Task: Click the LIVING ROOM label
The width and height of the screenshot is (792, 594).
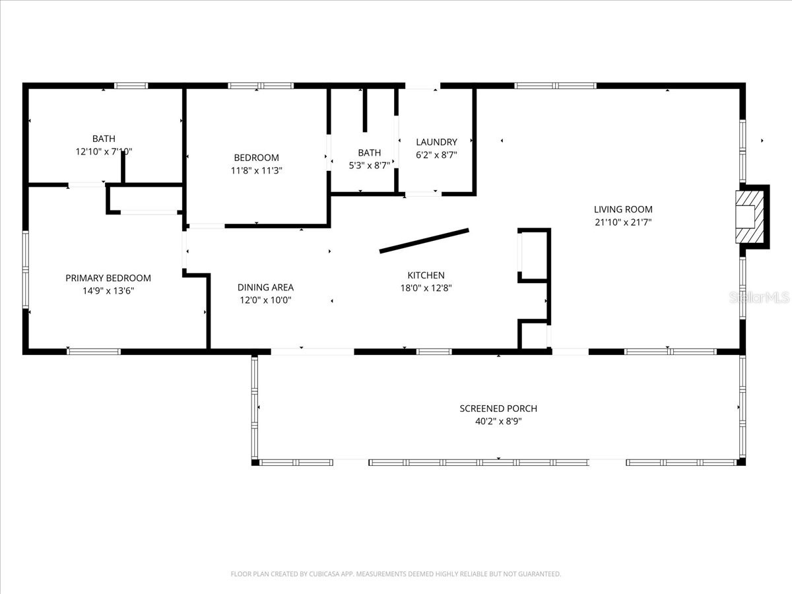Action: (x=623, y=209)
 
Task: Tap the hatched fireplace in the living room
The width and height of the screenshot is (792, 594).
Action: (x=750, y=216)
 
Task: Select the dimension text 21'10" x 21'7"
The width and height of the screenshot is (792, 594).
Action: (x=623, y=222)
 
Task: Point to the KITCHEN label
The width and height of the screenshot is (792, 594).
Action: (x=426, y=275)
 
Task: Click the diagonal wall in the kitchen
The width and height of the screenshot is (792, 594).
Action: (x=424, y=240)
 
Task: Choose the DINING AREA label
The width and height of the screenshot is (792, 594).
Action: (x=265, y=288)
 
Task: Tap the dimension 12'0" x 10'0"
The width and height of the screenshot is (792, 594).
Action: (x=265, y=300)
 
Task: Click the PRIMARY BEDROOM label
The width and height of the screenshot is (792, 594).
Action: (x=108, y=278)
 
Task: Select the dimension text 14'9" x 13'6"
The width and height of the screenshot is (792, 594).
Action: (x=108, y=290)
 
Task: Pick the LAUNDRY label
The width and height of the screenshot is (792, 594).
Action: (x=437, y=142)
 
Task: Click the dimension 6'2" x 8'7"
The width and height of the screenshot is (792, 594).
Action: (x=437, y=155)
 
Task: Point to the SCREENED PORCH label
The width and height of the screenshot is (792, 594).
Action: (x=498, y=409)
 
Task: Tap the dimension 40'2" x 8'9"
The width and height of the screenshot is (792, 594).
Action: (x=498, y=421)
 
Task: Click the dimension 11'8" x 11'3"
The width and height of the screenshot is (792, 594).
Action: (x=256, y=170)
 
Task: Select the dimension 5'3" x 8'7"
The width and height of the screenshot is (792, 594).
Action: (x=370, y=166)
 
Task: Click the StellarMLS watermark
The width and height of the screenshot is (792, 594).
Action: (x=759, y=298)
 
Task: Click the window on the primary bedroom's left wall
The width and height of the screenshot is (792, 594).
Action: (x=26, y=270)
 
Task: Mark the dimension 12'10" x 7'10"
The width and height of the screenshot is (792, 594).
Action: (x=104, y=152)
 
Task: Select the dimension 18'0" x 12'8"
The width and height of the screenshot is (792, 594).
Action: (x=426, y=288)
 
